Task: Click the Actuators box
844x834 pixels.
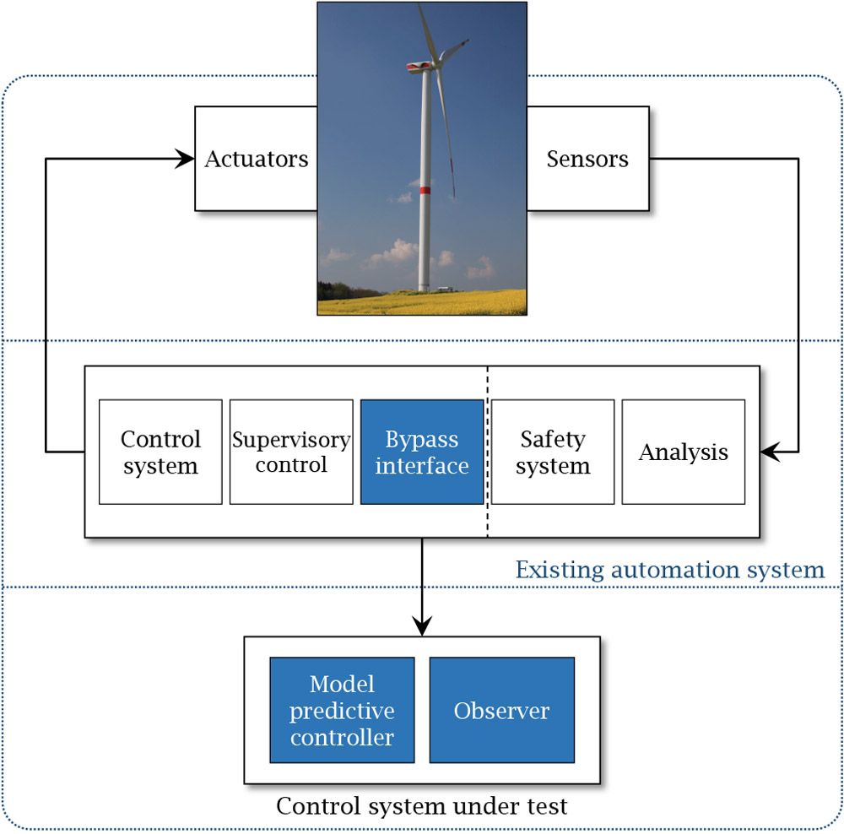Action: (256, 159)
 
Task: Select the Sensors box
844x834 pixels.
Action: (588, 159)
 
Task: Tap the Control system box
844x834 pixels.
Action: (160, 452)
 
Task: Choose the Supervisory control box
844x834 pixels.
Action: (291, 452)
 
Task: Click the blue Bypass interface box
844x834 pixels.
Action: (422, 452)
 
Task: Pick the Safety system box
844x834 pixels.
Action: (553, 452)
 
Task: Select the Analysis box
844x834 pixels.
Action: (684, 452)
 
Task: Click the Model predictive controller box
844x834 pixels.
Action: (342, 710)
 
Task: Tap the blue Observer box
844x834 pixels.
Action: (502, 710)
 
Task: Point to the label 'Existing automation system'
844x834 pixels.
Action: (670, 570)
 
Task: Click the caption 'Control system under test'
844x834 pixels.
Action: (422, 806)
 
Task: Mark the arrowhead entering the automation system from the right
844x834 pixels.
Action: (769, 452)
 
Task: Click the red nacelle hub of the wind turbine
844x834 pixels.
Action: (414, 66)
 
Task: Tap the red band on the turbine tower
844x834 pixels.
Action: (425, 190)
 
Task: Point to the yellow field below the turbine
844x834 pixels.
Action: (422, 302)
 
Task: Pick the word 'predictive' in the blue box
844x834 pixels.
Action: (342, 711)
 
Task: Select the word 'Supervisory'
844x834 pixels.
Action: (291, 440)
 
